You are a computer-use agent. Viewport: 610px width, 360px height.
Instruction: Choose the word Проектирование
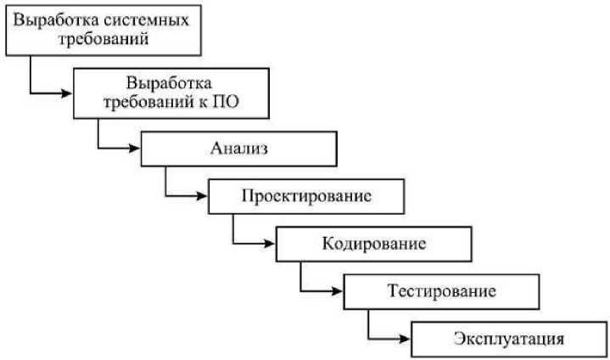click(306, 197)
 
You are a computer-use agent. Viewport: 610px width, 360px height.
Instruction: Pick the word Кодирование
click(373, 245)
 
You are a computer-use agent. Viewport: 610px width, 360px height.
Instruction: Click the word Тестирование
click(441, 291)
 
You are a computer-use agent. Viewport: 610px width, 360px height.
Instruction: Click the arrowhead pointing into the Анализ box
click(134, 149)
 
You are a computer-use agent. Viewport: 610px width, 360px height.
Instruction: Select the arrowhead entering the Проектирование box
click(202, 196)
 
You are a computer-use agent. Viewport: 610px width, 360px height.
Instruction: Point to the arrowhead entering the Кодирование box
click(270, 243)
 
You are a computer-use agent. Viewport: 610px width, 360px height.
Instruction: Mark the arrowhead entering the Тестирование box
click(337, 290)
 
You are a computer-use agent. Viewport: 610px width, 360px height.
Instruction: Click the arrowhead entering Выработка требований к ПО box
click(67, 92)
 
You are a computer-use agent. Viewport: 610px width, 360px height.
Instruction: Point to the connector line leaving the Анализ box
click(165, 183)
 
